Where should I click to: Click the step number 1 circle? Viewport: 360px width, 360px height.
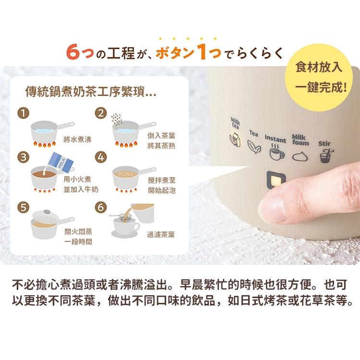(x=22, y=114)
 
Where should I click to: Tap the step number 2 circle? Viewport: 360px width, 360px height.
(x=100, y=114)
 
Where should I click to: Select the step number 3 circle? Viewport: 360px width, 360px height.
(x=22, y=157)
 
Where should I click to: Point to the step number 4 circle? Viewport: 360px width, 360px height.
(x=100, y=157)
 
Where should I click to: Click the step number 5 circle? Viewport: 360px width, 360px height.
(x=22, y=207)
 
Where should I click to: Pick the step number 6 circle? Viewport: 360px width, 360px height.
(x=100, y=207)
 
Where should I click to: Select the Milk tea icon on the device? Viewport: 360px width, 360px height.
(x=235, y=140)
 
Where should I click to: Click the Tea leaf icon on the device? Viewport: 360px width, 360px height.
(x=252, y=145)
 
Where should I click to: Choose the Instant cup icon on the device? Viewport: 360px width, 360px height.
(x=276, y=153)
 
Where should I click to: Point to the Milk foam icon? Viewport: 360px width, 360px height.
(x=300, y=155)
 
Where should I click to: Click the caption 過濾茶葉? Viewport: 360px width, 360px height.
(x=161, y=235)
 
